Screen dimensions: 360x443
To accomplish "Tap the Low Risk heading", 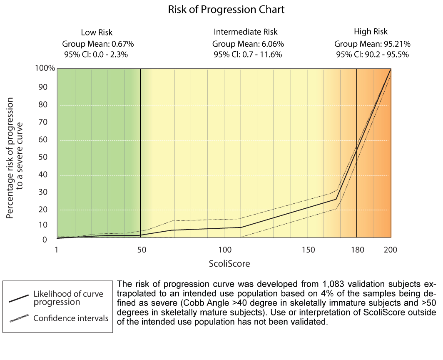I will tap(97, 32).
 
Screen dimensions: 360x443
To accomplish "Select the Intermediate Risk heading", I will tap(246, 32).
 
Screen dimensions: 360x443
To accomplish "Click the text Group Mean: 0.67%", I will tap(98, 43).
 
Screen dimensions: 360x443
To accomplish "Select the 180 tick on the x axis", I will tap(358, 250).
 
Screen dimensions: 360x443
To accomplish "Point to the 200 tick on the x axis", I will tap(391, 250).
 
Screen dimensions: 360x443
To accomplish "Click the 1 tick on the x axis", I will tap(56, 250).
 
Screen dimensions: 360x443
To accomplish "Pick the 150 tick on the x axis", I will tap(309, 250).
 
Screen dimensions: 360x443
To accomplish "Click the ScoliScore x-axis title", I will tap(224, 264).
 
